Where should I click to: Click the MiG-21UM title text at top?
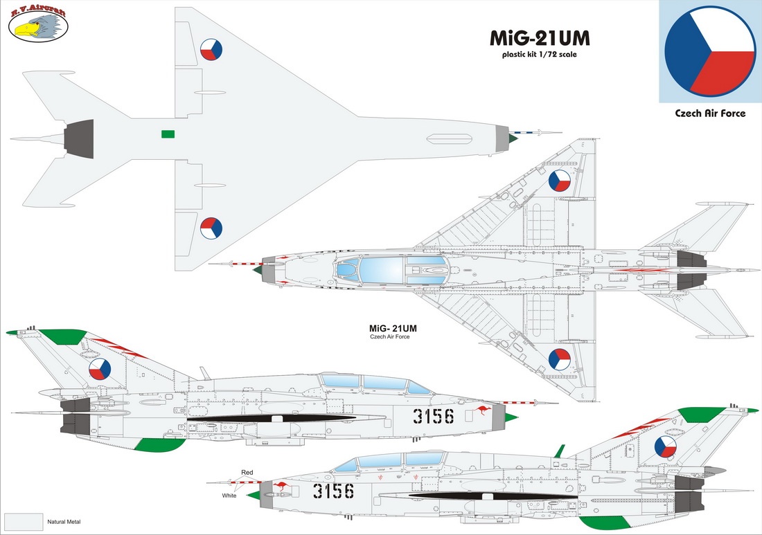point(540,38)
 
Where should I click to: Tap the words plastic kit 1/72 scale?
point(540,55)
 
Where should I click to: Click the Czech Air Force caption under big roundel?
point(710,113)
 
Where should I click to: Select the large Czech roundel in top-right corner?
point(710,51)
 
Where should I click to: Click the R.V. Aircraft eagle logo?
point(38,24)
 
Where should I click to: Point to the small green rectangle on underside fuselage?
point(168,134)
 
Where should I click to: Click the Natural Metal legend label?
point(64,522)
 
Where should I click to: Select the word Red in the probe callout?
point(247,473)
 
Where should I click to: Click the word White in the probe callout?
point(229,496)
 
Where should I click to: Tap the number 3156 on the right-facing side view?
point(434,416)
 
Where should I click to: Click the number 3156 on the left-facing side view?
point(333,491)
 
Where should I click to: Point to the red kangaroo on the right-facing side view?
point(482,410)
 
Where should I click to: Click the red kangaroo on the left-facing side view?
point(280,486)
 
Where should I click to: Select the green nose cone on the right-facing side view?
point(512,417)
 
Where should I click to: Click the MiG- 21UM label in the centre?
point(393,328)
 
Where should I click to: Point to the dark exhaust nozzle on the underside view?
point(79,139)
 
